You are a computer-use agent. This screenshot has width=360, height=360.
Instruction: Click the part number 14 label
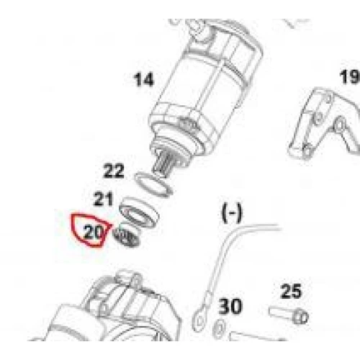(143, 79)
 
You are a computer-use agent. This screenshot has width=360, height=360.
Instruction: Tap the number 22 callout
(114, 171)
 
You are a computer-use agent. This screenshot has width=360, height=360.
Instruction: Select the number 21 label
(103, 199)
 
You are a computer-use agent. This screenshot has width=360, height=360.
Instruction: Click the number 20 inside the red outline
(93, 232)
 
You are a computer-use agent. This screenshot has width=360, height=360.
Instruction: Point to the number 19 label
(350, 77)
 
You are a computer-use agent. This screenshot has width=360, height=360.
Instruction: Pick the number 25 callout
(291, 291)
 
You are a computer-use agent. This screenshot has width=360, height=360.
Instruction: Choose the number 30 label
(230, 306)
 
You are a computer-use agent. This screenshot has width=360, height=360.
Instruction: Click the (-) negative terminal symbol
(232, 212)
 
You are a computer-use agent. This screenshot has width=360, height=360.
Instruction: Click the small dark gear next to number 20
(125, 237)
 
